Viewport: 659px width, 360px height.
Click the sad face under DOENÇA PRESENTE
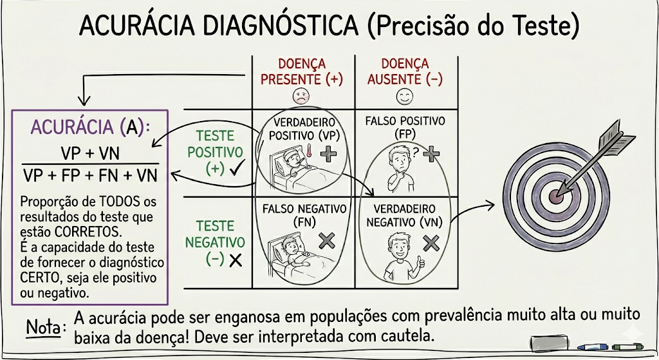pos(301,97)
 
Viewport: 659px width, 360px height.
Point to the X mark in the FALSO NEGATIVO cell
pos(327,241)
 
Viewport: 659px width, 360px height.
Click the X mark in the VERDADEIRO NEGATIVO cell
pos(431,242)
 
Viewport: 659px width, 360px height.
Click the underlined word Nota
pos(45,327)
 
